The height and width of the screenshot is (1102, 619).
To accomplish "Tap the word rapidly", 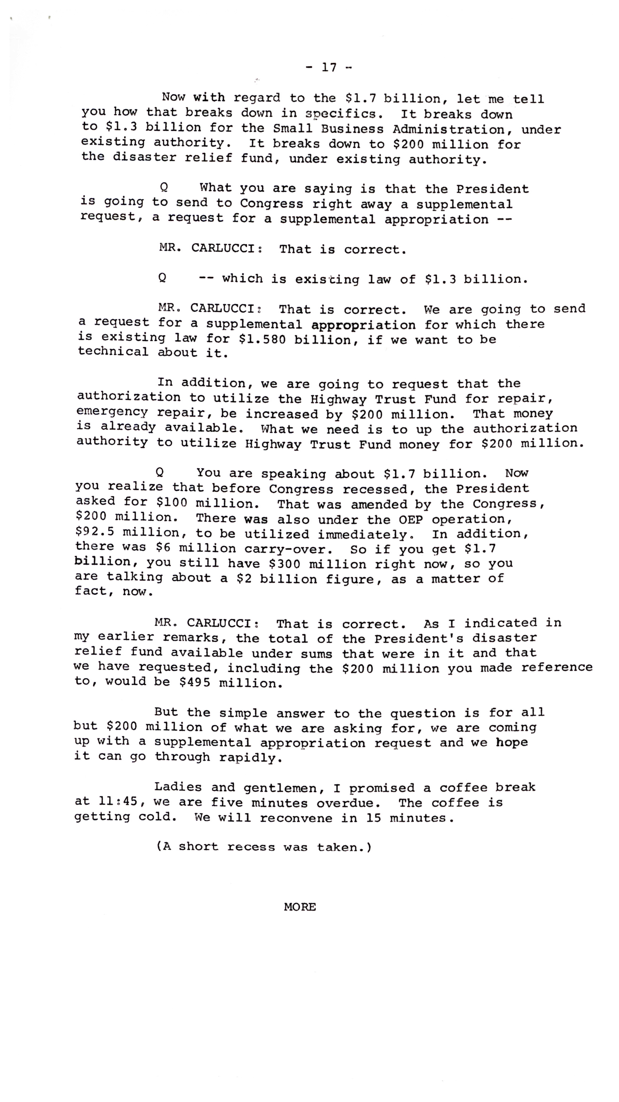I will coord(250,757).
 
